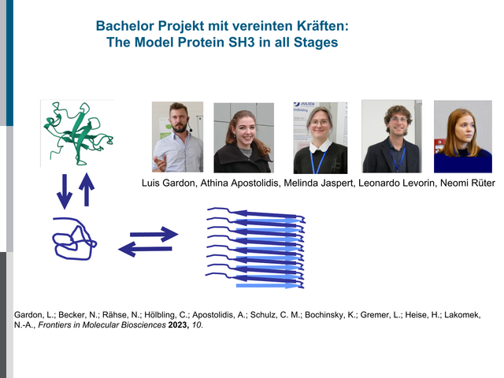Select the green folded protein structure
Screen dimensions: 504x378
pos(79,133)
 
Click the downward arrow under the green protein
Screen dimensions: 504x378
pos(65,191)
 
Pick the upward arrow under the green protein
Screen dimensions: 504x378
pos(87,190)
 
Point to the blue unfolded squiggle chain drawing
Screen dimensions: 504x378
pos(74,239)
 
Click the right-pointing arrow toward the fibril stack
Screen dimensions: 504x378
pos(154,235)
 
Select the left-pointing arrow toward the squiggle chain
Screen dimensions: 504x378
pos(145,249)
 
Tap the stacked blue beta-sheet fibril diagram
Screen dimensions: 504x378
pos(255,248)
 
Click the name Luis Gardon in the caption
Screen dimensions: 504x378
pos(169,183)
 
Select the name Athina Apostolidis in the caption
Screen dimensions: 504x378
pos(240,183)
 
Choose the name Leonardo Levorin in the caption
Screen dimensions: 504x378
pos(398,183)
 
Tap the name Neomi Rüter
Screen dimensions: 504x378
pos(468,183)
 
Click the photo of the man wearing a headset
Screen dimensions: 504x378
pos(177,137)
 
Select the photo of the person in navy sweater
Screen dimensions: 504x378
pos(463,136)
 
